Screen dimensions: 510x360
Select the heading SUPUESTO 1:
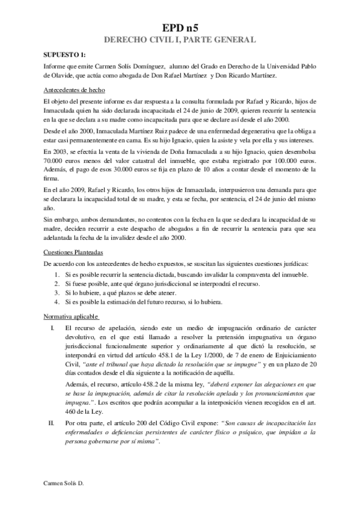(x=65, y=54)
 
